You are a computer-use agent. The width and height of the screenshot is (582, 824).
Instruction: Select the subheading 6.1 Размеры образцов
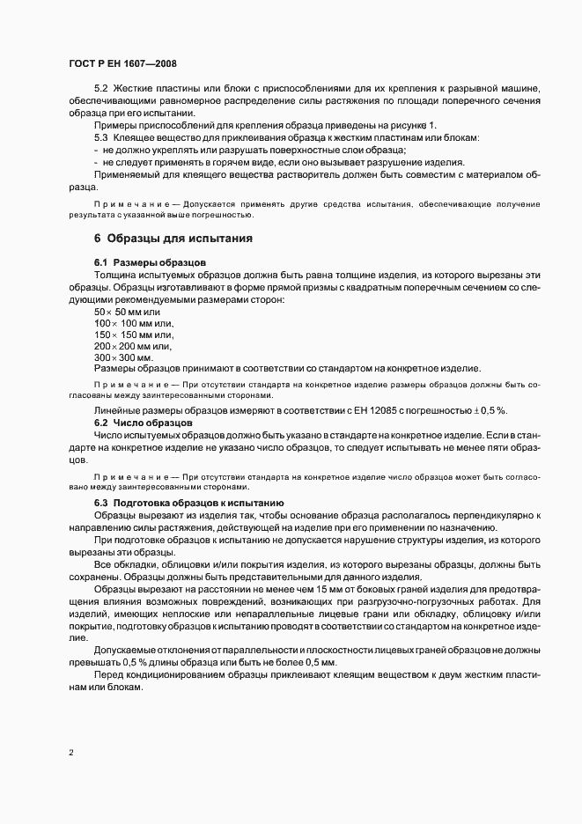pyautogui.click(x=150, y=263)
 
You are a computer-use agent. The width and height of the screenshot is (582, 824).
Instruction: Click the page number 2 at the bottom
pyautogui.click(x=71, y=752)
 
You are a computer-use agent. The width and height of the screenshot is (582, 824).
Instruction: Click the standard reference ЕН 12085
pyautogui.click(x=367, y=412)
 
